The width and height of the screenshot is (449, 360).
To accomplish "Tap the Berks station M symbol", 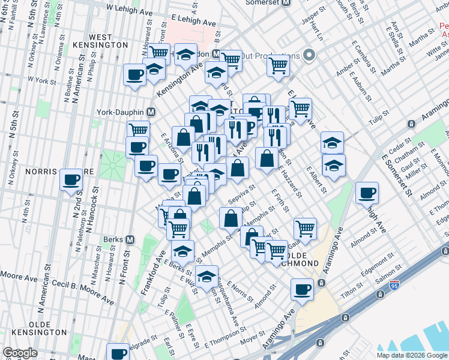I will [130, 239].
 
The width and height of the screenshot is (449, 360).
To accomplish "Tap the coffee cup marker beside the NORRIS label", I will [71, 179].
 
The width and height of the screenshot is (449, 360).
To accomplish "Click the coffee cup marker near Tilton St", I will [301, 290].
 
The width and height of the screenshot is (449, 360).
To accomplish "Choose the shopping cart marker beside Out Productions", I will [277, 64].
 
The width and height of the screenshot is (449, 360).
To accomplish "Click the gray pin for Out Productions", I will [309, 56].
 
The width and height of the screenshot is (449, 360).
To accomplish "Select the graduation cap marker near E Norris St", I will [206, 277].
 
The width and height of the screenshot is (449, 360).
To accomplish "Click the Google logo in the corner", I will [20, 353].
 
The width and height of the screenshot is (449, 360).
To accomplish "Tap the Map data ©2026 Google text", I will [411, 355].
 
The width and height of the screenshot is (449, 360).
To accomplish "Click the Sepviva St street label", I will [242, 195].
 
